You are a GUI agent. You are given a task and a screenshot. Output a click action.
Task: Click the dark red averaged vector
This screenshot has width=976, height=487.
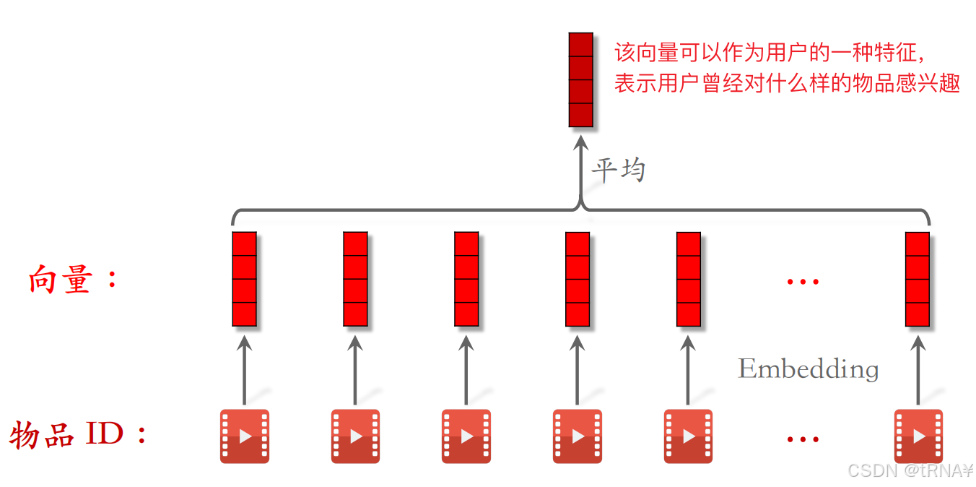tap(580, 79)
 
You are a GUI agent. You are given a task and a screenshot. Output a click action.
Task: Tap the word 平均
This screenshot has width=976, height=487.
tap(618, 171)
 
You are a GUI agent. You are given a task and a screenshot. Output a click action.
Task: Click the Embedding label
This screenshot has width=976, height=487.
tap(808, 369)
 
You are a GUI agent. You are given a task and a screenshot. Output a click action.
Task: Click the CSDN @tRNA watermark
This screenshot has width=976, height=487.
tap(909, 471)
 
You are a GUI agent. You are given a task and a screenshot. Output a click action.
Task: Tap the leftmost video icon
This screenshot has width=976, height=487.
tap(245, 436)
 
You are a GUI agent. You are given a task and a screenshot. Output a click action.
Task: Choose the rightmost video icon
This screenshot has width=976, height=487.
tap(918, 436)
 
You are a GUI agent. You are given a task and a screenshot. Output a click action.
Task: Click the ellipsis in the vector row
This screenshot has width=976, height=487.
tap(803, 281)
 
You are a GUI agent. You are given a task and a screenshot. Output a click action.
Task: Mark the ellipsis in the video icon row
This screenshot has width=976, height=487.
tap(803, 439)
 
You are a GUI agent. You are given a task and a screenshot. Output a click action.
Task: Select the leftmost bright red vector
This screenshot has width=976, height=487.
tap(245, 279)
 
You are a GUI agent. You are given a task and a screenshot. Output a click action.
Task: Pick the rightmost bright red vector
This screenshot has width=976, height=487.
tap(918, 279)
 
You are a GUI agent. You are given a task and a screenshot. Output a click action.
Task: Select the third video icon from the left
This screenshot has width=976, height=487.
tap(466, 436)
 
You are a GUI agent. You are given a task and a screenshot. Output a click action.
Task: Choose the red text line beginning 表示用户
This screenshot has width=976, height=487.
tap(787, 84)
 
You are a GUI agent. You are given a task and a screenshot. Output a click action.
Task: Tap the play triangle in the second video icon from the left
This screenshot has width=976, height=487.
tap(357, 436)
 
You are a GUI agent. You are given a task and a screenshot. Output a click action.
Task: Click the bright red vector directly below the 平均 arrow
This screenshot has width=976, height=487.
tap(578, 279)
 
